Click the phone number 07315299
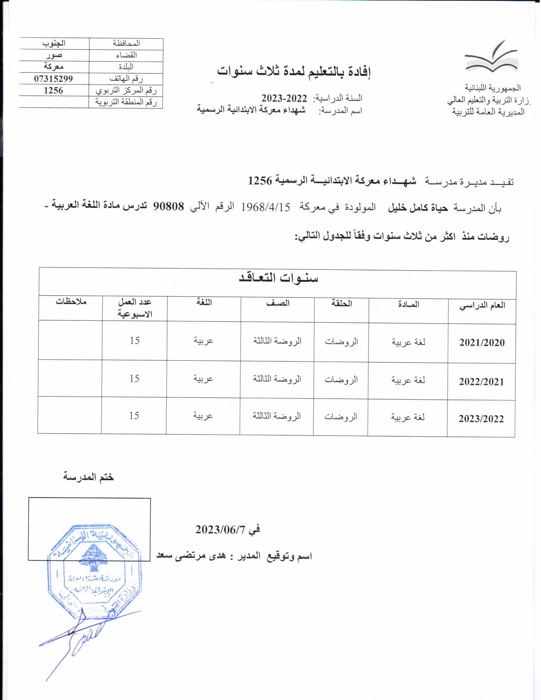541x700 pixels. point(53,79)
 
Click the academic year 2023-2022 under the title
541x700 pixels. point(284,98)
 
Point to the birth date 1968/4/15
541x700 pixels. point(265,207)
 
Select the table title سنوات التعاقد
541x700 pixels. point(278,277)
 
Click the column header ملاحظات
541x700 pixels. point(71,302)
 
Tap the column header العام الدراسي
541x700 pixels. point(482,305)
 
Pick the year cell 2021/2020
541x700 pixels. point(482,343)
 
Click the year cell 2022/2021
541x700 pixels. point(481,382)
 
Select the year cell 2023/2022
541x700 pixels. point(481,419)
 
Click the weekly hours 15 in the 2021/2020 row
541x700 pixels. point(135,340)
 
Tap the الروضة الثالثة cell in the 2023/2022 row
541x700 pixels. point(277,416)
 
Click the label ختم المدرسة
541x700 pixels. point(88,477)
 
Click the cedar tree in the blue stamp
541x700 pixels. point(93,558)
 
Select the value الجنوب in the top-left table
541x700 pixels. point(54,43)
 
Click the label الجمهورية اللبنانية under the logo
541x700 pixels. point(493,88)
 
